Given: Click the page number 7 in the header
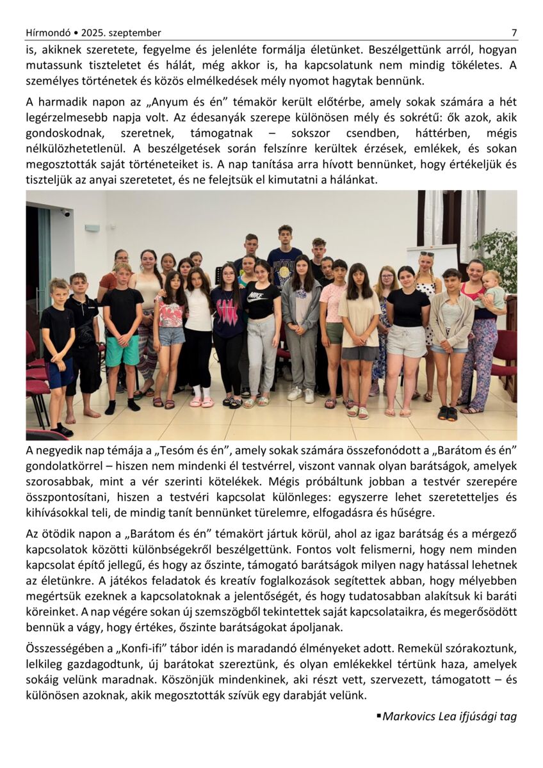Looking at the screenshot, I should click(x=514, y=33).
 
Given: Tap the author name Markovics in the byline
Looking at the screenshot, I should click(x=409, y=716).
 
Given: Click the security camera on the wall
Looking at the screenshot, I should click(x=65, y=212).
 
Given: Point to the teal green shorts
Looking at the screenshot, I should click(x=122, y=351).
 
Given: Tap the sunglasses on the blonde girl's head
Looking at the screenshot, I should click(x=426, y=254).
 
